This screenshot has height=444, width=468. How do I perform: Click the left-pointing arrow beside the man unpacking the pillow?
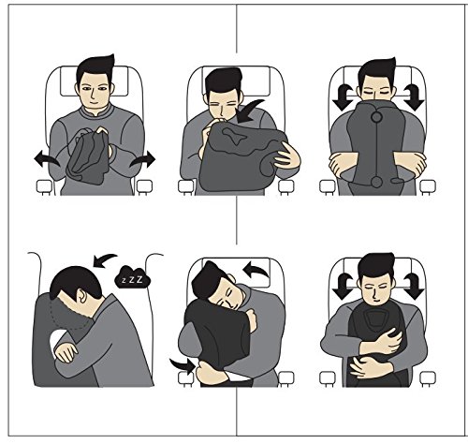[x=46, y=159]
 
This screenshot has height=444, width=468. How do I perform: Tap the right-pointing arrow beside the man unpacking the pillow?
[x=143, y=159]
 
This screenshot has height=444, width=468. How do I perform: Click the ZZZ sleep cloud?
[x=133, y=277]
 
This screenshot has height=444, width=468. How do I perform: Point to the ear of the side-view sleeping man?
[x=81, y=295]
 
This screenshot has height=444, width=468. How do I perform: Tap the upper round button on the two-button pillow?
[x=376, y=117]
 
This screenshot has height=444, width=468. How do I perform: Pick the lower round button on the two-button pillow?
[x=376, y=182]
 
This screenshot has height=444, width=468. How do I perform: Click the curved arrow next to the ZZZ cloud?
[x=104, y=260]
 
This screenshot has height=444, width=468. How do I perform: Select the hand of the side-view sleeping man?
[x=66, y=352]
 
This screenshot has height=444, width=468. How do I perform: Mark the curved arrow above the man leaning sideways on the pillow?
[x=256, y=271]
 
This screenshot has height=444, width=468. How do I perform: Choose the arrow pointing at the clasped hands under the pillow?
[x=183, y=366]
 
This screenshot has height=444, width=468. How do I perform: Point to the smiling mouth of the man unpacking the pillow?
[x=94, y=102]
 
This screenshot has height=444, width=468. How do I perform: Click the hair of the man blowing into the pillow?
[x=223, y=81]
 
